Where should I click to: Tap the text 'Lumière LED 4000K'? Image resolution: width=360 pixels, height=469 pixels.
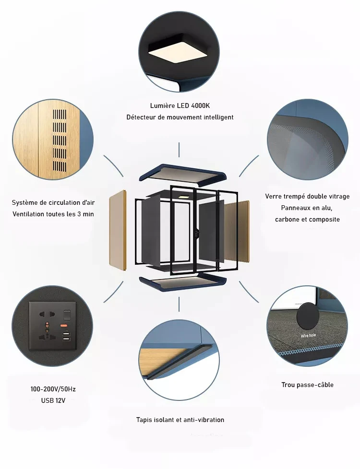coord(180,106)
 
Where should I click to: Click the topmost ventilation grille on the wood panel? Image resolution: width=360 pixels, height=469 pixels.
coord(60,115)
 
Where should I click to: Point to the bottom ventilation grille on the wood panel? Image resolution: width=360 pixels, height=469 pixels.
coord(60,167)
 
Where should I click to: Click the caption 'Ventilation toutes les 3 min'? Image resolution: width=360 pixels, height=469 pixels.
coord(53,214)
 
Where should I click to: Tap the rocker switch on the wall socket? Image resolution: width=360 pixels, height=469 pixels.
coord(67,315)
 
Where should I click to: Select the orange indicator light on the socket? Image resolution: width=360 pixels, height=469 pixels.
coord(64,325)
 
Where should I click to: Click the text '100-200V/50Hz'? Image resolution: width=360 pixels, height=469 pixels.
coord(53,389)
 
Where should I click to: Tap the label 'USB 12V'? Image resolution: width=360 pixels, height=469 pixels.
coord(53,400)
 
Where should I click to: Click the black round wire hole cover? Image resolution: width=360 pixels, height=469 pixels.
coord(308,317)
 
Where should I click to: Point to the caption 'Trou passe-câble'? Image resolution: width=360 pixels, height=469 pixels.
coord(307,385)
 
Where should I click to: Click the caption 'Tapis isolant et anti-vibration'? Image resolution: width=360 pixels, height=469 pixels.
coord(180,420)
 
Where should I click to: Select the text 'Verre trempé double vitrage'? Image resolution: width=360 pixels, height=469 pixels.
coord(307,197)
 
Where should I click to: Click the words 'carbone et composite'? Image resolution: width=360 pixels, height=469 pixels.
coord(307,220)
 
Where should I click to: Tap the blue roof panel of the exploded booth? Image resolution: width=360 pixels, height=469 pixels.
coord(183,173)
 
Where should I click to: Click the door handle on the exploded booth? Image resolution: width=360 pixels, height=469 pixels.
coord(196,233)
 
